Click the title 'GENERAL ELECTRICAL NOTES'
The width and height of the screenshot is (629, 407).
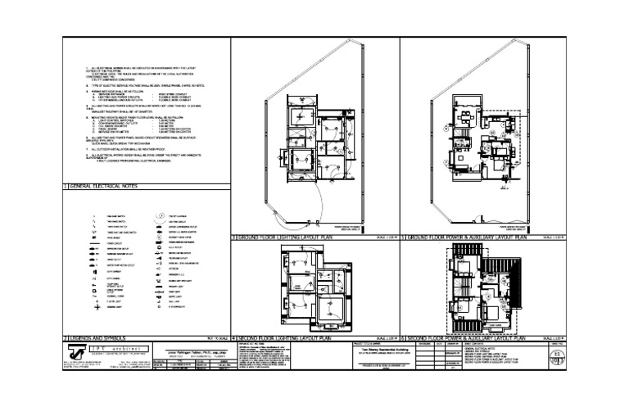click(x=106, y=188)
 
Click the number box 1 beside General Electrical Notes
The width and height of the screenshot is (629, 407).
click(x=66, y=188)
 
